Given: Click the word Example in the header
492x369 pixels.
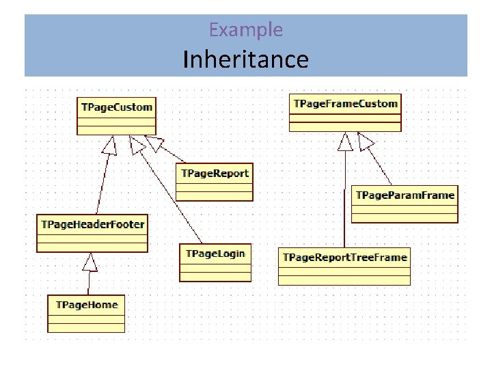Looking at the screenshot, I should (x=245, y=29).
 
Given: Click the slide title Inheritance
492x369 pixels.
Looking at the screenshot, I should (x=245, y=59).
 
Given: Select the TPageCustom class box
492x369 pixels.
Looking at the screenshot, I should (x=116, y=115).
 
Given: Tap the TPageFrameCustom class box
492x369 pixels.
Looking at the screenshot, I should (x=345, y=112).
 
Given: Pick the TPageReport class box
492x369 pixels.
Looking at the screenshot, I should (x=215, y=182).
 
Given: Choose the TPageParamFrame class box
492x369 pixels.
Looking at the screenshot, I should (x=405, y=204).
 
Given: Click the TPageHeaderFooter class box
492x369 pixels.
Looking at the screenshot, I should (x=92, y=233).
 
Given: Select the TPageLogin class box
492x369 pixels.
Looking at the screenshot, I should (x=215, y=262).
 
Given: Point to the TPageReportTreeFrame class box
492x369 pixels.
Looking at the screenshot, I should (x=344, y=266).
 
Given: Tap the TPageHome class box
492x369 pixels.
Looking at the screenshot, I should (x=86, y=313).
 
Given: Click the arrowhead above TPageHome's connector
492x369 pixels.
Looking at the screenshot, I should (x=90, y=260).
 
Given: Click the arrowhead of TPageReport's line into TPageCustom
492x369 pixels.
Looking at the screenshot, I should (x=154, y=142).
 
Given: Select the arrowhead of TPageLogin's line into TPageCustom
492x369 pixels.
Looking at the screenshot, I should (x=137, y=143).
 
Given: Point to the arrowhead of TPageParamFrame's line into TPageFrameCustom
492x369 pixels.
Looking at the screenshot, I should (x=366, y=141).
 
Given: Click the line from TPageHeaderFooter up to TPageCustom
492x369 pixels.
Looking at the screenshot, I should (x=102, y=181).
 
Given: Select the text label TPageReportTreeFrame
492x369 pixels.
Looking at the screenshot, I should (x=344, y=257).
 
